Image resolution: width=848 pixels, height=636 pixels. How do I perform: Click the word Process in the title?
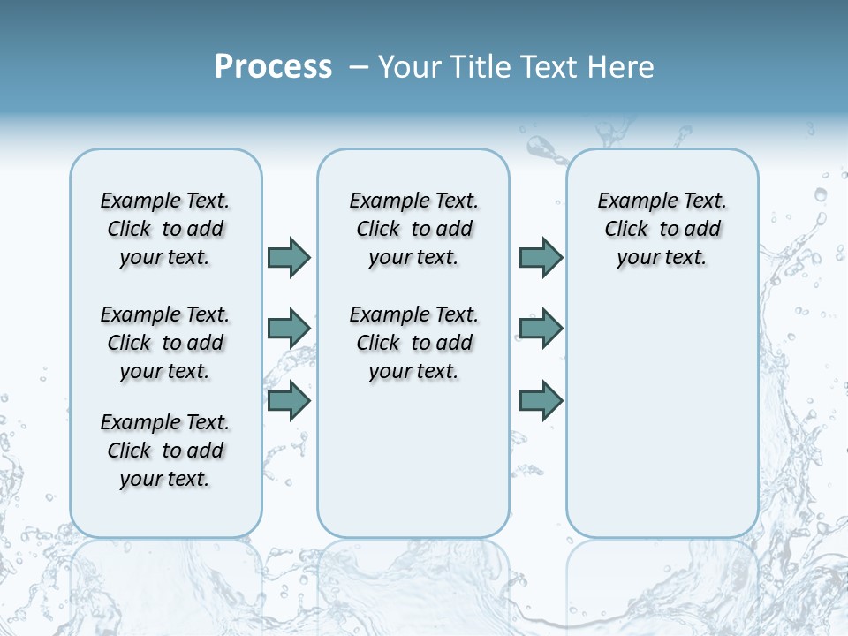273,67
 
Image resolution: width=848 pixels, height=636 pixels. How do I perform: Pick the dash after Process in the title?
358,68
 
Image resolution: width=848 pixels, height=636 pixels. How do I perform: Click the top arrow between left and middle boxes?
289,257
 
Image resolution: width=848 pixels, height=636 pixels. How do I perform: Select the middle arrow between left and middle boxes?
289,329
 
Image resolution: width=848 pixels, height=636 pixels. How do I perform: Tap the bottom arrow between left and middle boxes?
289,401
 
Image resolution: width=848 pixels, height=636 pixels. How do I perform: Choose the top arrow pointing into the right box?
541,257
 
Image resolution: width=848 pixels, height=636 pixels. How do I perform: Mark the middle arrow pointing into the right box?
541,329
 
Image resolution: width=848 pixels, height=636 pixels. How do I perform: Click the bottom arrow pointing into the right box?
541,401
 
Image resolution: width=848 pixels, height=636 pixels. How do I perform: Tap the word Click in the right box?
626,230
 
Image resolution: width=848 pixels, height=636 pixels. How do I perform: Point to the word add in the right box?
703,230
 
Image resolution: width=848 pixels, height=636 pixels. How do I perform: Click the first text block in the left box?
165,229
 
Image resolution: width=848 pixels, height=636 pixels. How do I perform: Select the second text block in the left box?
165,343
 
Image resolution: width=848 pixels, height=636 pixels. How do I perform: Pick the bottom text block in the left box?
165,450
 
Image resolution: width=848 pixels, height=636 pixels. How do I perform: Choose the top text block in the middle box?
413,229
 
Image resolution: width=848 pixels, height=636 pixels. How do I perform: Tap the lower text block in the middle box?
413,343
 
